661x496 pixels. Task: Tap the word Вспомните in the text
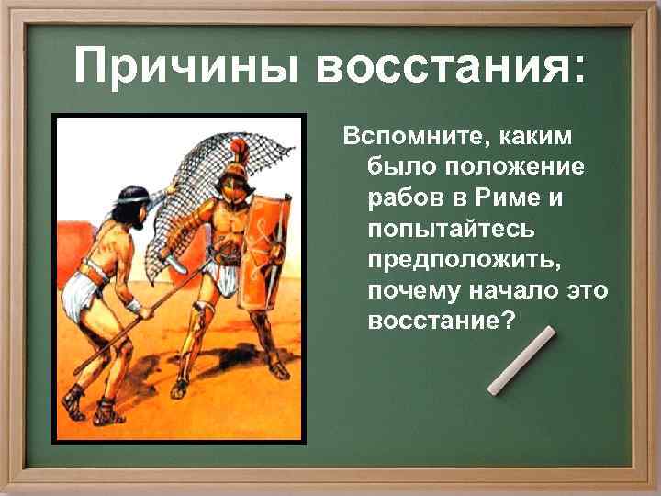click(x=415, y=138)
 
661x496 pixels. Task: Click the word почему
click(x=408, y=290)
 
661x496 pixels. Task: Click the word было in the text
click(x=396, y=168)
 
